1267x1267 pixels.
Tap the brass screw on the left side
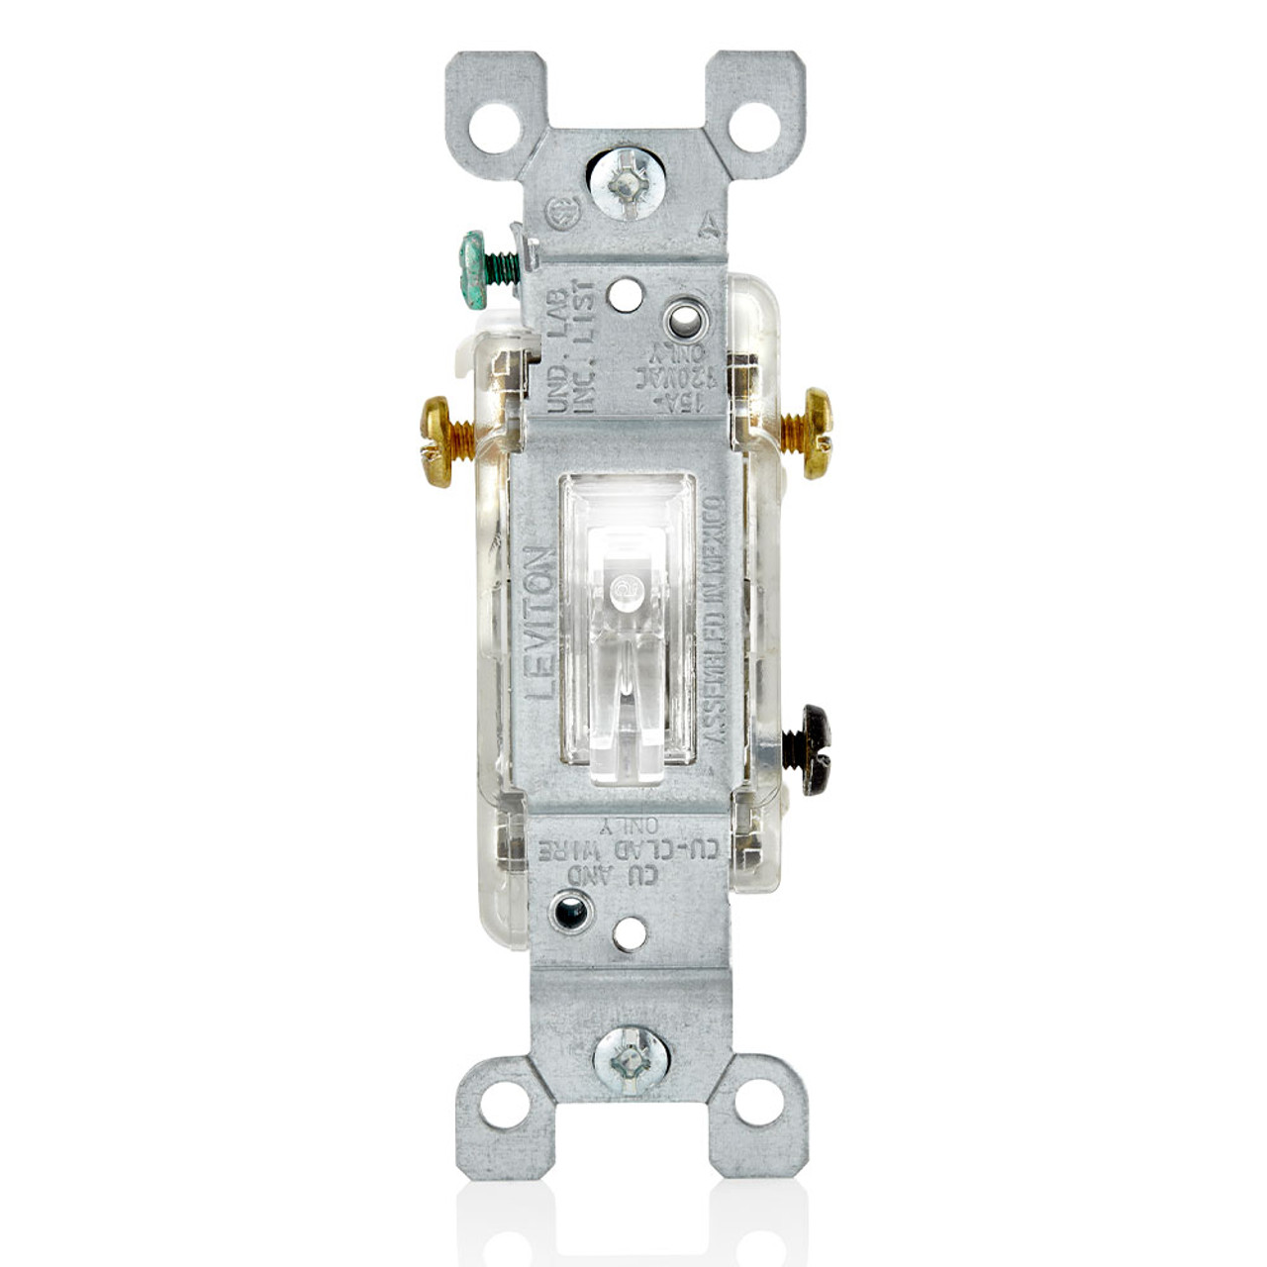pyautogui.click(x=438, y=441)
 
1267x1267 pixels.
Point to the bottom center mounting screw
pyautogui.click(x=631, y=1058)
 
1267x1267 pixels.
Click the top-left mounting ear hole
pyautogui.click(x=493, y=127)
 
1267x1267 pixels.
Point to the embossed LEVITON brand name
pyautogui.click(x=539, y=624)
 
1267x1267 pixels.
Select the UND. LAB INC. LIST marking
pyautogui.click(x=572, y=348)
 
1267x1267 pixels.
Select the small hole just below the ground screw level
pyautogui.click(x=623, y=292)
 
